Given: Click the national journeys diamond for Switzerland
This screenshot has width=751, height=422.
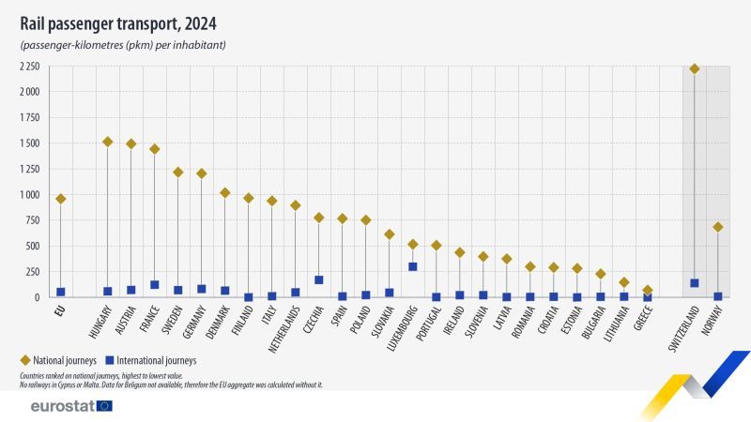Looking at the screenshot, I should coord(695,68).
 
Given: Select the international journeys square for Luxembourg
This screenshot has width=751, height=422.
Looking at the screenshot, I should coord(413,266).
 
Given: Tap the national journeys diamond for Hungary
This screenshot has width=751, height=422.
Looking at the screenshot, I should coord(108,142).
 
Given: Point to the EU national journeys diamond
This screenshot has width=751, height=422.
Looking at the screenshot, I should coord(61,199).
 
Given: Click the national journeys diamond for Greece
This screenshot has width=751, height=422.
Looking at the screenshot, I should coord(648,291).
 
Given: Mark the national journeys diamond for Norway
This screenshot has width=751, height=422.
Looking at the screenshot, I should coord(718,227).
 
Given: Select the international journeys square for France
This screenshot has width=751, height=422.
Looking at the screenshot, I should coord(155,284).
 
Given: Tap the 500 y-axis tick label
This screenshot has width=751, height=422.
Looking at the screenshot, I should coord(31,246).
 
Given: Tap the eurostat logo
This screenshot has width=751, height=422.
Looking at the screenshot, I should coord(70,406).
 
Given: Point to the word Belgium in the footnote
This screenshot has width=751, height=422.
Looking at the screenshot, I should coord(199,384).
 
